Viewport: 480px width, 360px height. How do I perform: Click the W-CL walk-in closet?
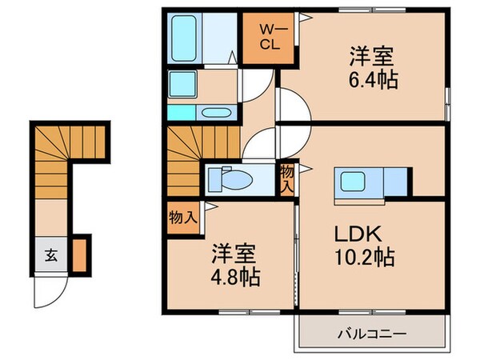[268, 38]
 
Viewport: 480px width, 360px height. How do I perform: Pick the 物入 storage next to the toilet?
[286, 177]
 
